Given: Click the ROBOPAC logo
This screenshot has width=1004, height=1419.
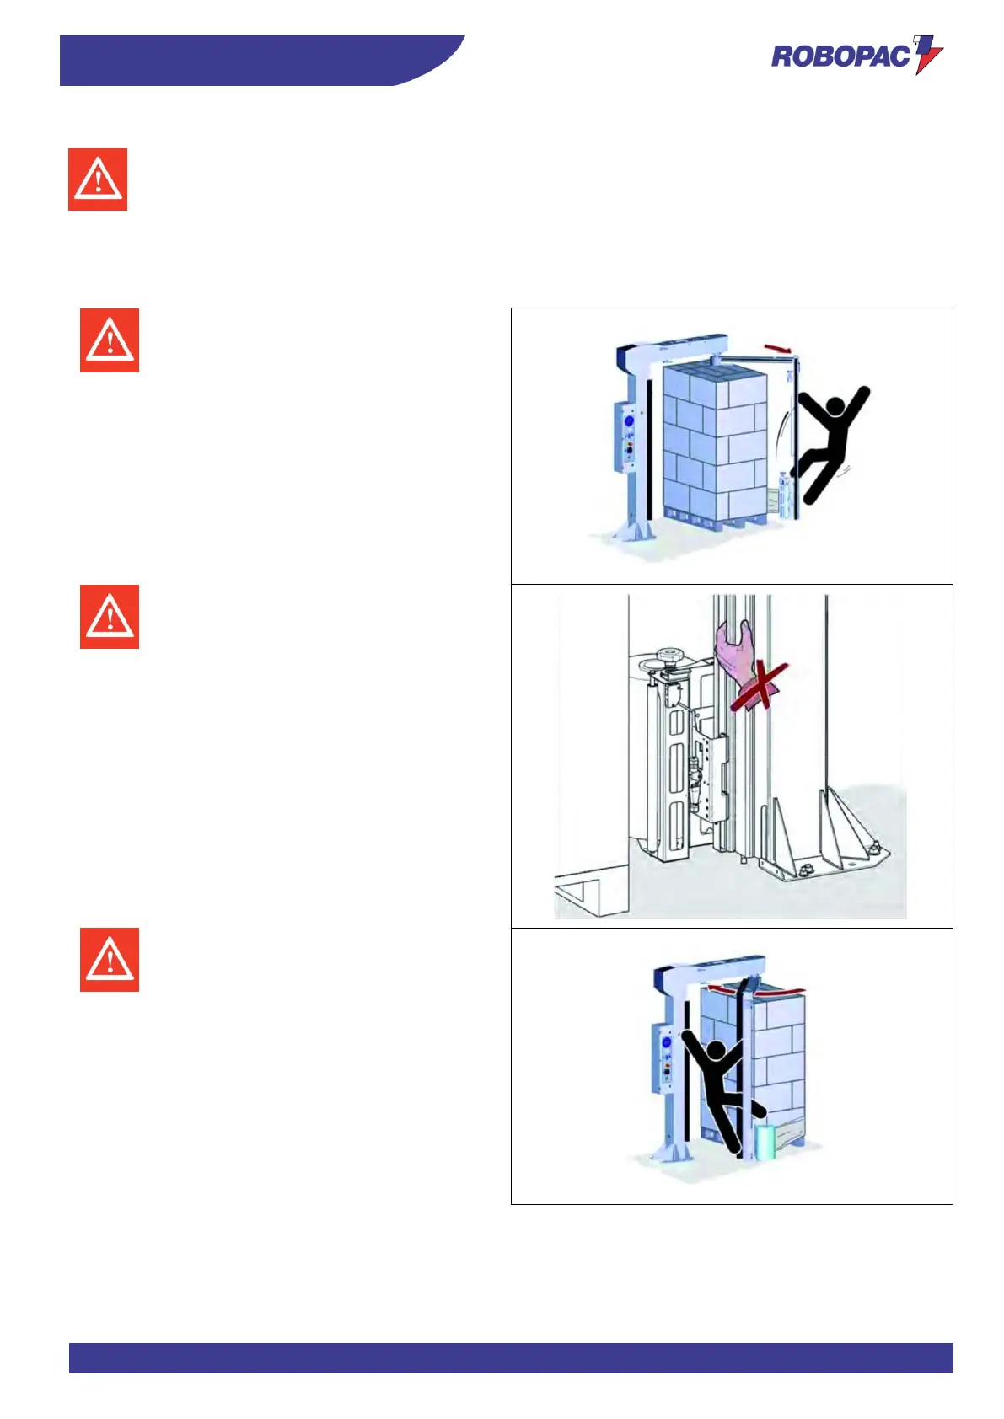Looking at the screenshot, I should pyautogui.click(x=855, y=56).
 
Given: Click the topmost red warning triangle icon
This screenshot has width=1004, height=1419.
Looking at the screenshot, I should pyautogui.click(x=98, y=179).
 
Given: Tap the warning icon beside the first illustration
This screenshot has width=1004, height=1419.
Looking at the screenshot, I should pyautogui.click(x=110, y=340).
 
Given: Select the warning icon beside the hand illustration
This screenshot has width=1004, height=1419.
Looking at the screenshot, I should pyautogui.click(x=110, y=617).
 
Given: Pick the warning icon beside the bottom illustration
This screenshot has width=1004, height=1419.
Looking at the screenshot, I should pyautogui.click(x=110, y=960).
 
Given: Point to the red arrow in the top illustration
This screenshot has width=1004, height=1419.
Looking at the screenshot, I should pyautogui.click(x=778, y=348).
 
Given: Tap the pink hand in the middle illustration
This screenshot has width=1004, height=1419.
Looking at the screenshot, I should pyautogui.click(x=733, y=653).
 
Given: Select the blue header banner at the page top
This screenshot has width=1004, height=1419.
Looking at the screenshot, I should pyautogui.click(x=253, y=60).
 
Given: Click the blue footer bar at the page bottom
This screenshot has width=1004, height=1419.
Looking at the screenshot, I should pyautogui.click(x=510, y=1357).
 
